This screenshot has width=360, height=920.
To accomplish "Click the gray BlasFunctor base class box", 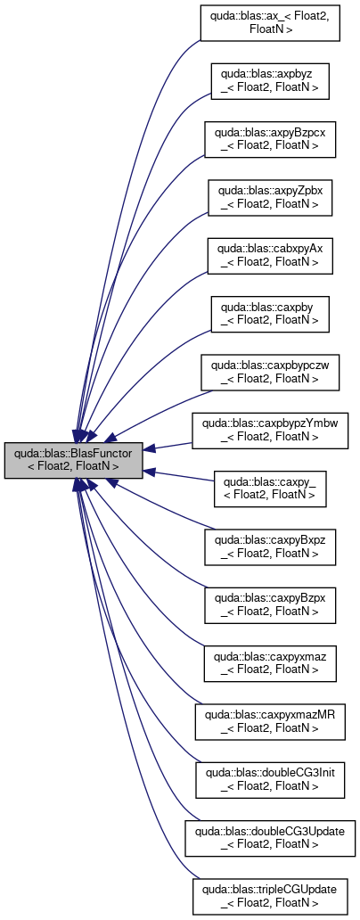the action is click(x=73, y=460).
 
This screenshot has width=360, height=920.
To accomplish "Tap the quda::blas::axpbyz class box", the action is click(x=270, y=81).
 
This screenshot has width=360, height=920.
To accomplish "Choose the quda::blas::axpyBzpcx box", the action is click(x=270, y=139).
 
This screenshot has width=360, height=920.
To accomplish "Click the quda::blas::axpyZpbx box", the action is click(x=270, y=197).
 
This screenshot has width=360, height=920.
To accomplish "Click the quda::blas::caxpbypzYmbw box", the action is click(x=270, y=431).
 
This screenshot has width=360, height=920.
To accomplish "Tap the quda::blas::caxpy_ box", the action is click(x=270, y=489).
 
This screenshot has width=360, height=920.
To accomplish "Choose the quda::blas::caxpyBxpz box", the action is click(x=270, y=546).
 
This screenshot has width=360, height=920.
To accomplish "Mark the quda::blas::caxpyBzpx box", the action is click(x=270, y=605).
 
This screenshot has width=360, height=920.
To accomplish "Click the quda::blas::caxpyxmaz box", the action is click(x=270, y=663).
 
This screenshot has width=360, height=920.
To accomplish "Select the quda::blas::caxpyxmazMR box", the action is click(x=270, y=721).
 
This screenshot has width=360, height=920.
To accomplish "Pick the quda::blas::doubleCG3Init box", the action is click(x=270, y=779).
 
